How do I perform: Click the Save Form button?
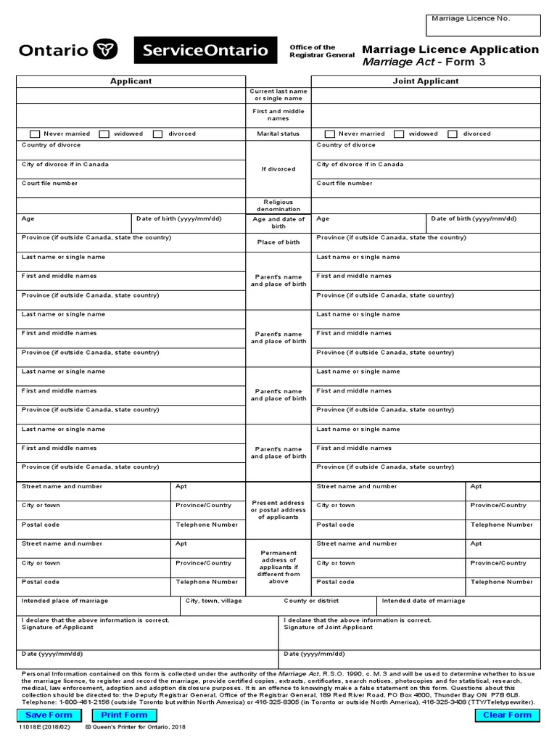pos(49,715)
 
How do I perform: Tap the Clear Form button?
pos(507,715)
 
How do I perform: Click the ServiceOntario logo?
pos(205,51)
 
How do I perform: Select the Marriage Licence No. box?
pos(482,25)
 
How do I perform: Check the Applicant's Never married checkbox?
pos(35,134)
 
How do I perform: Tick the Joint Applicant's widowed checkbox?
pos(400,134)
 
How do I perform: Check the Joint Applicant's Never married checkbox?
pos(330,134)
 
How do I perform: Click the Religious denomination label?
pos(278,205)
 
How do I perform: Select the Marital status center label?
pos(278,134)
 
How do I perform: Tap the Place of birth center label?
pos(278,242)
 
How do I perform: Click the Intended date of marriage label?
pos(424,601)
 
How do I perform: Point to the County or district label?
pos(311,601)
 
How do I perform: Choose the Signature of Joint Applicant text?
pos(329,628)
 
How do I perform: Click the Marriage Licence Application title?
pos(450,49)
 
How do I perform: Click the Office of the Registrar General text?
pos(321,51)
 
